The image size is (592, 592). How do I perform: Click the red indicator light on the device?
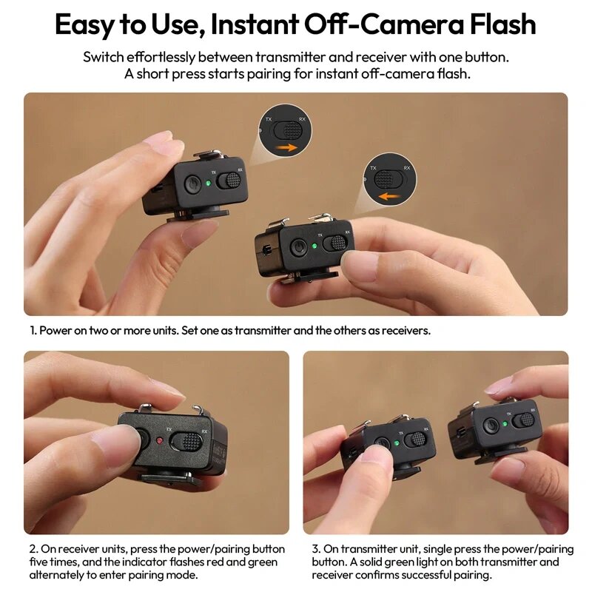(x=161, y=442)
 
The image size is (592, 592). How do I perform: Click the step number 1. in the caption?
(x=33, y=331)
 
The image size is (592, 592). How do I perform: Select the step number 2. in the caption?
(x=33, y=549)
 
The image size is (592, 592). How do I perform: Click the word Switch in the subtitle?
(x=104, y=57)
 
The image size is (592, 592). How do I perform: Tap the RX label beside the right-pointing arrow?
(x=302, y=118)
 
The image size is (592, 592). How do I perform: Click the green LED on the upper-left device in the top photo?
(x=210, y=182)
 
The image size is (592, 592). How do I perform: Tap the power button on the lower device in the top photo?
(x=299, y=248)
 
